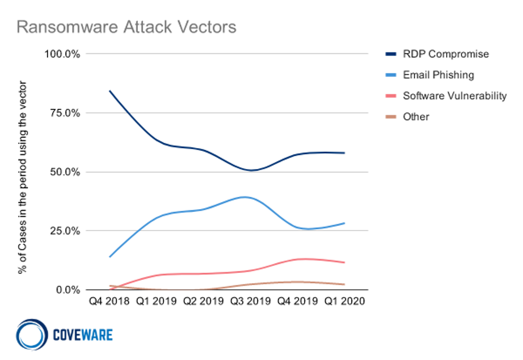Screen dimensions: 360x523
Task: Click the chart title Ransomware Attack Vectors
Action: pyautogui.click(x=126, y=27)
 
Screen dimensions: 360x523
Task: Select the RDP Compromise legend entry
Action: pyautogui.click(x=445, y=54)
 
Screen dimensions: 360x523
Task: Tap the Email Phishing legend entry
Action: pyautogui.click(x=438, y=75)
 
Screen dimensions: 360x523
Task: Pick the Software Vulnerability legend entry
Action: pyautogui.click(x=454, y=96)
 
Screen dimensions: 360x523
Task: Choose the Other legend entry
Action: pyautogui.click(x=415, y=117)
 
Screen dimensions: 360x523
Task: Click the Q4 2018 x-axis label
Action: pyautogui.click(x=109, y=303)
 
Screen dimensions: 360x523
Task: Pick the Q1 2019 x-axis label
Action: pyautogui.click(x=156, y=303)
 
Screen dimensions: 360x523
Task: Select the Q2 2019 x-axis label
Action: pyautogui.click(x=203, y=303)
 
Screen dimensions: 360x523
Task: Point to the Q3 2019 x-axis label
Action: pyautogui.click(x=250, y=303)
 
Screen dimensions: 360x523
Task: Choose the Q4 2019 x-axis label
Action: pyautogui.click(x=297, y=303)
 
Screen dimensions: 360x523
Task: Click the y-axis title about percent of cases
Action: pyautogui.click(x=23, y=177)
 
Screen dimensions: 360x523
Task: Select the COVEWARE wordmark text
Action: pyautogui.click(x=82, y=334)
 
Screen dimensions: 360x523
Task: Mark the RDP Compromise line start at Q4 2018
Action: pyautogui.click(x=109, y=91)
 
